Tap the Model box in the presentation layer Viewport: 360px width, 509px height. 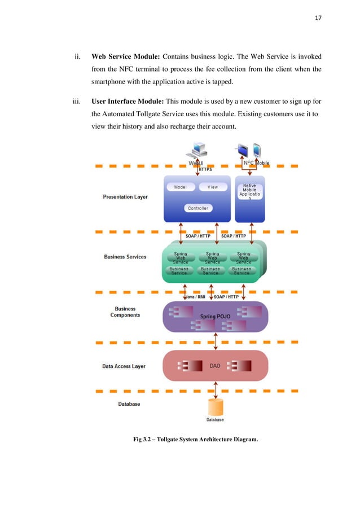point(181,187)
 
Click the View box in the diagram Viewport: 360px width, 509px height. point(213,187)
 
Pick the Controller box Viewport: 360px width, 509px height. point(197,208)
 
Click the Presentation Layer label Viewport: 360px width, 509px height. point(125,197)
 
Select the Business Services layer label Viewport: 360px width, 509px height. point(125,257)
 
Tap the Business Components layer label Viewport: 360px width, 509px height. point(125,312)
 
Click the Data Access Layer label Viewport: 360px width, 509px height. point(124,366)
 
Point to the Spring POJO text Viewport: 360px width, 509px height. point(212,317)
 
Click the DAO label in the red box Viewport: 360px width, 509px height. point(214,366)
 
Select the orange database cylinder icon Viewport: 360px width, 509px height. point(215,407)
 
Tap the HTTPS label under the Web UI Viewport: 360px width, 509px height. point(205,169)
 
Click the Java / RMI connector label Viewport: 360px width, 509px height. point(196,296)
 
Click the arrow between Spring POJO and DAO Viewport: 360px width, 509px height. point(215,341)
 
